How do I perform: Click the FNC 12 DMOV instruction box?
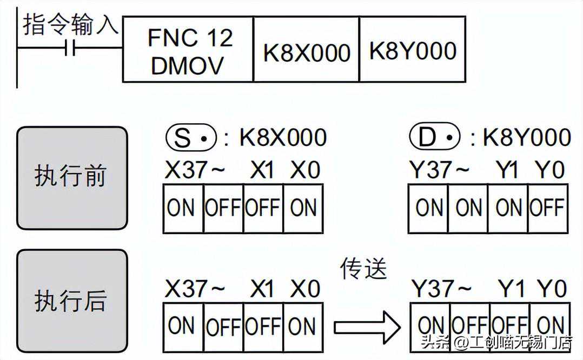[x=188, y=50]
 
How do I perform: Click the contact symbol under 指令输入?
[x=71, y=49]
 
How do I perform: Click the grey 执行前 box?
[x=72, y=178]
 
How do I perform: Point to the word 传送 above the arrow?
[x=364, y=269]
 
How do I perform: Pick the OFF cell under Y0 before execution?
[x=547, y=208]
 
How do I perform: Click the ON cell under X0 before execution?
[x=303, y=208]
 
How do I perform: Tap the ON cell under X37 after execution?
[x=182, y=326]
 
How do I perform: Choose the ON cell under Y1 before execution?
[x=508, y=208]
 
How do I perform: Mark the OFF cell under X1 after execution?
[x=263, y=326]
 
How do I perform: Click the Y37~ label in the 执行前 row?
[x=440, y=170]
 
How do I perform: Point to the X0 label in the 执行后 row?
[x=305, y=289]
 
